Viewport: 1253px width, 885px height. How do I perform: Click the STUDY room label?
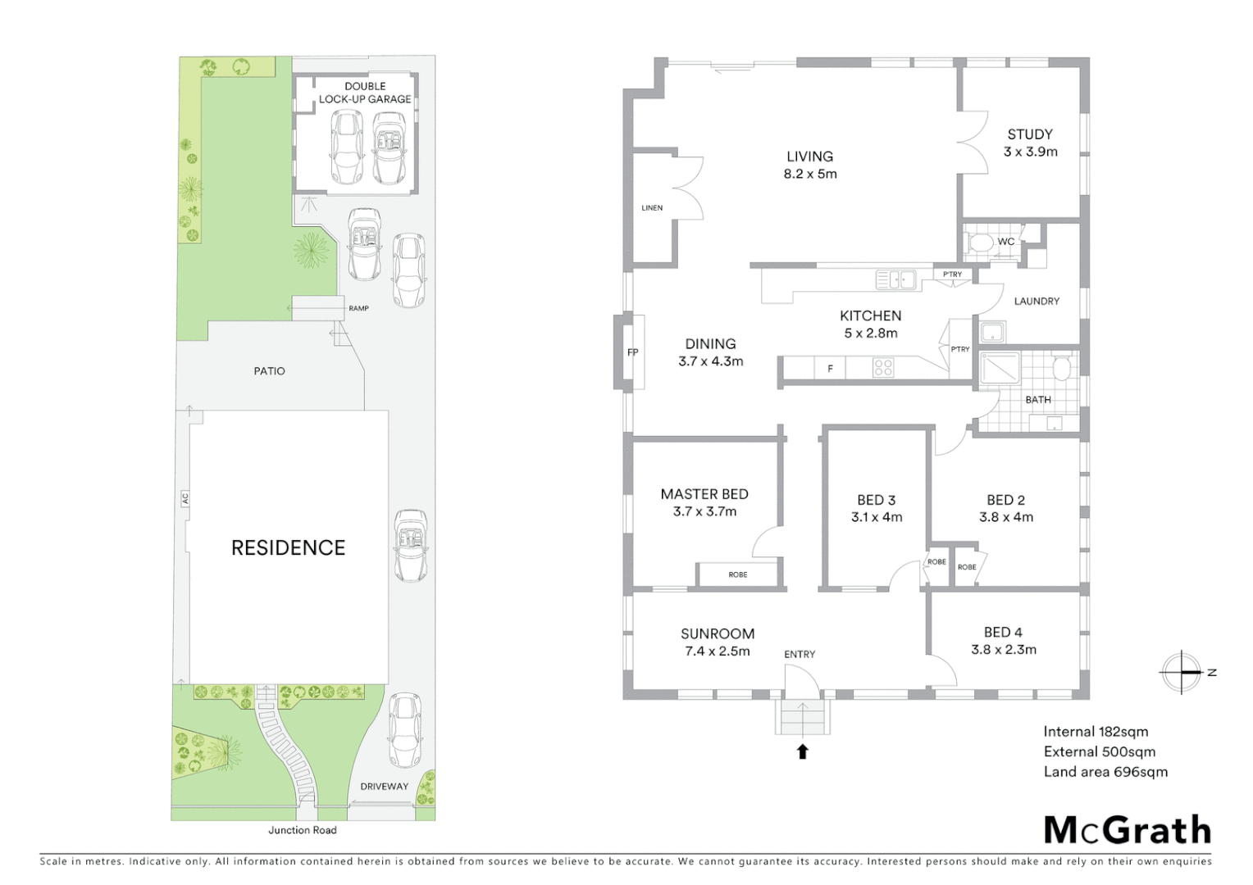click(x=1029, y=134)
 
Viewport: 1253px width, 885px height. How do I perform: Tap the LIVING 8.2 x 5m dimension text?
click(x=810, y=174)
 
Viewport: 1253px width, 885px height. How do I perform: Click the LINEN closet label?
click(x=652, y=208)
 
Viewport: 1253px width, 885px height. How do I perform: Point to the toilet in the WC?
click(x=979, y=243)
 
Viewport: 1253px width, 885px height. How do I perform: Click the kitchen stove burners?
click(x=883, y=368)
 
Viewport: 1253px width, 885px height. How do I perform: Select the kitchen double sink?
click(x=895, y=279)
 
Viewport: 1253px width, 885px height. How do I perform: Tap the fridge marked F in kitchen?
click(x=830, y=369)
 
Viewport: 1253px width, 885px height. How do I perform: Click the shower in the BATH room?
click(x=1000, y=367)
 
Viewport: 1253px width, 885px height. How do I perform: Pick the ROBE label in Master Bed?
click(x=737, y=574)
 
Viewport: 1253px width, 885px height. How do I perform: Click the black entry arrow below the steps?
click(x=803, y=751)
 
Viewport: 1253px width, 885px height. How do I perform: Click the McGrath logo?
click(x=1127, y=830)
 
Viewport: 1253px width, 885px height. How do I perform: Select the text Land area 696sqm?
click(x=1105, y=772)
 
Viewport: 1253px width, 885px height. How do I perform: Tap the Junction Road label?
click(x=302, y=830)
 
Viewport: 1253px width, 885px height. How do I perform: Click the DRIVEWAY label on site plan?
click(x=384, y=786)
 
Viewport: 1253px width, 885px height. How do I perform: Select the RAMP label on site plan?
click(x=358, y=308)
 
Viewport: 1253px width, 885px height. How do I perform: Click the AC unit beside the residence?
click(x=185, y=497)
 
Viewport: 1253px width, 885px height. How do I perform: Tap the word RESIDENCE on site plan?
click(x=288, y=547)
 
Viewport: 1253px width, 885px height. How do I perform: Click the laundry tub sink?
click(x=992, y=332)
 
